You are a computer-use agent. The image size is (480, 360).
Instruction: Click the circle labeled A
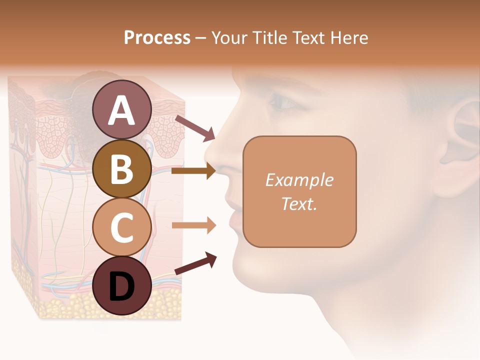(x=121, y=109)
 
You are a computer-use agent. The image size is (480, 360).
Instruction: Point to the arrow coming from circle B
(x=193, y=171)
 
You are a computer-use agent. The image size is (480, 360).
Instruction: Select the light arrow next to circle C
(x=193, y=225)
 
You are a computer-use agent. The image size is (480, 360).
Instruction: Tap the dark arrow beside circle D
(x=195, y=263)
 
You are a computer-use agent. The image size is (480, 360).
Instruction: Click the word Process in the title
(x=157, y=37)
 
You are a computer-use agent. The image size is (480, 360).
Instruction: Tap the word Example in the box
(x=299, y=180)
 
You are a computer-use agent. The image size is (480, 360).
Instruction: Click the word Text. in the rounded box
(x=299, y=203)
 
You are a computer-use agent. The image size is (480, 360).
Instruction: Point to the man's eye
(x=284, y=102)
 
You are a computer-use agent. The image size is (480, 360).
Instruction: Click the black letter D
(x=121, y=285)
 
